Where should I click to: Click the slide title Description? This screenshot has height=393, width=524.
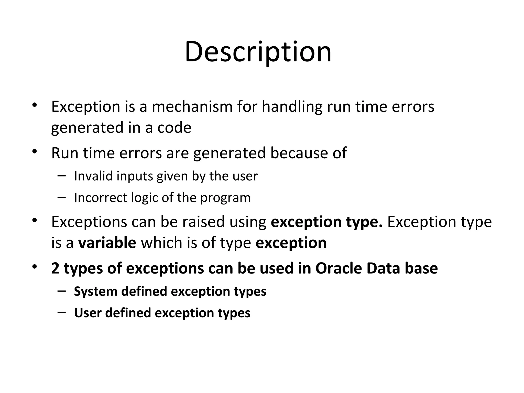pos(258,52)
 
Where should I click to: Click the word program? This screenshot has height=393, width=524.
pos(225,198)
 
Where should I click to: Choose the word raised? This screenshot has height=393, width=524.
pos(203,222)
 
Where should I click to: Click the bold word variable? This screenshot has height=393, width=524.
pos(107,243)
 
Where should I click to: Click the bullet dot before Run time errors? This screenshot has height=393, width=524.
pos(35,152)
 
